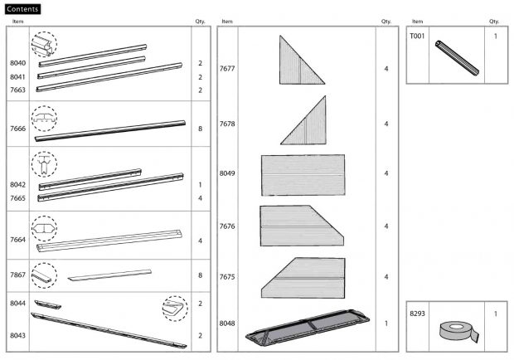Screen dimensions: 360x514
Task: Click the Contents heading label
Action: (22, 8)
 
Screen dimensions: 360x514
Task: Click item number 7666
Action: (17, 129)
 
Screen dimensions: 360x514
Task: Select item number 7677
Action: (227, 68)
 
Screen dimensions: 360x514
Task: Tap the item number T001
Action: (417, 36)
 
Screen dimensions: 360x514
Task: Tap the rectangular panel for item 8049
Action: (303, 174)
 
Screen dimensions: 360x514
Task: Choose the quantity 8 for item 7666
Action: (201, 129)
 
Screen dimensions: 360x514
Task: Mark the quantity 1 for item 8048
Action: (386, 323)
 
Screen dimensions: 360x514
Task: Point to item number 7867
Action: (17, 275)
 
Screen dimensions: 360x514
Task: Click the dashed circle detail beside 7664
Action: (43, 227)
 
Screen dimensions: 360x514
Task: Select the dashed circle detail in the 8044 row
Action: (174, 308)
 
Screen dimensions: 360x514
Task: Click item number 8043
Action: (17, 335)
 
